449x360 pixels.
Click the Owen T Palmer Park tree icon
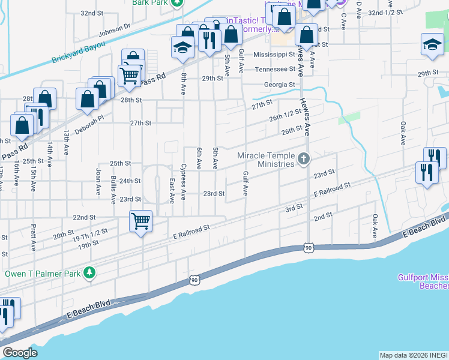[x=89, y=274]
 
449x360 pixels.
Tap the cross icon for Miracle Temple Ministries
[x=304, y=160]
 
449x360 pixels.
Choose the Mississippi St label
[x=274, y=54]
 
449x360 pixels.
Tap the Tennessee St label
[x=275, y=69]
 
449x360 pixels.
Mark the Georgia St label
[x=279, y=85]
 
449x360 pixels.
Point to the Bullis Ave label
[x=113, y=190]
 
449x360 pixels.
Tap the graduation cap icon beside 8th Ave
[x=182, y=47]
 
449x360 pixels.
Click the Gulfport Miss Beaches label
[x=423, y=281]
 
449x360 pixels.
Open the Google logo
[x=20, y=353]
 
